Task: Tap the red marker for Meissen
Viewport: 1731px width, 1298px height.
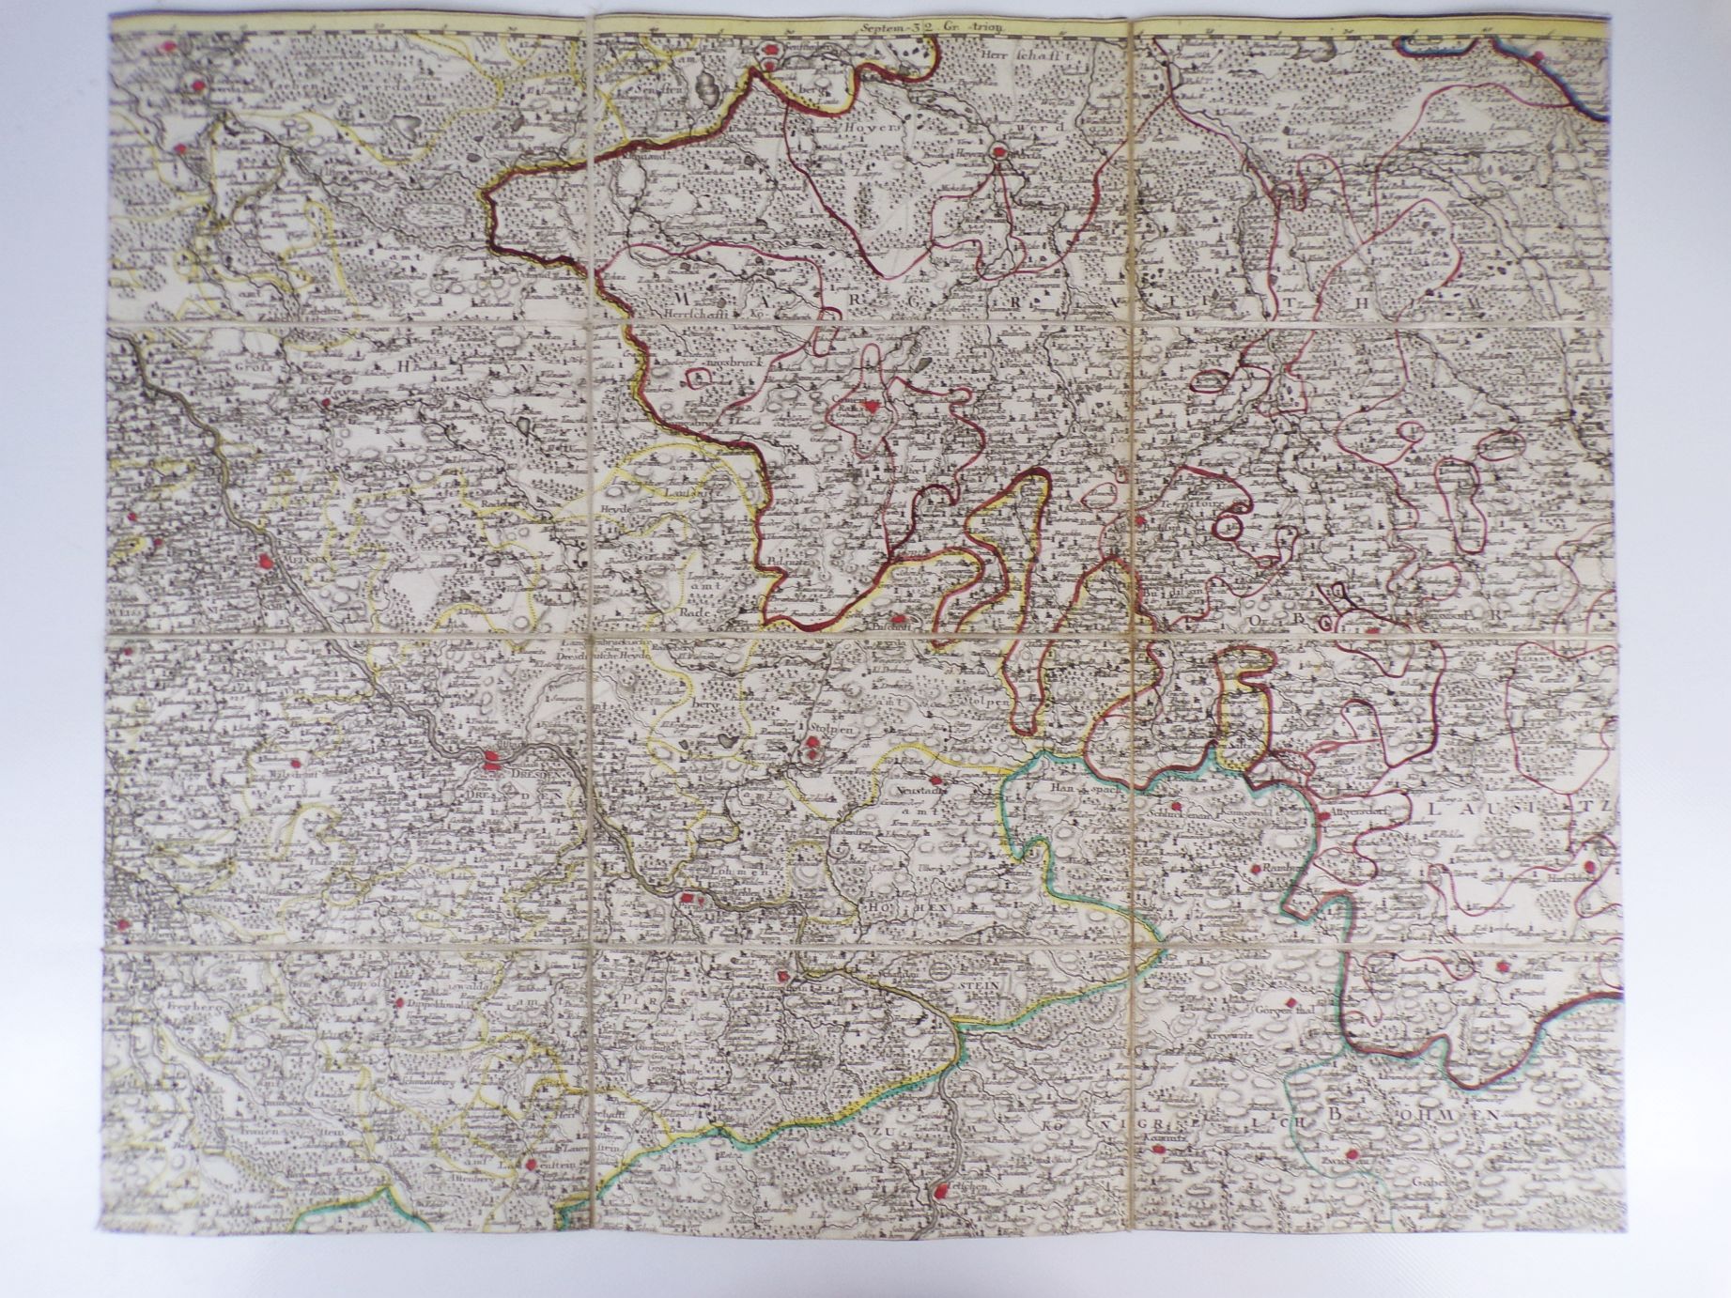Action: pyautogui.click(x=266, y=562)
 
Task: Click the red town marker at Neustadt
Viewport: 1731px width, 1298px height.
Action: pyautogui.click(x=934, y=780)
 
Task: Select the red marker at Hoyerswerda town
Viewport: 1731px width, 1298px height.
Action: pyautogui.click(x=1000, y=149)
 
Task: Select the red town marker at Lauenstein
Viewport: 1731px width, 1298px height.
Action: pyautogui.click(x=533, y=1166)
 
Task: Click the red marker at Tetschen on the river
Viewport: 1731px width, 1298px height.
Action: pyautogui.click(x=940, y=1192)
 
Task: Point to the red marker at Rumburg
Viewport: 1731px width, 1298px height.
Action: pyautogui.click(x=1256, y=873)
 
